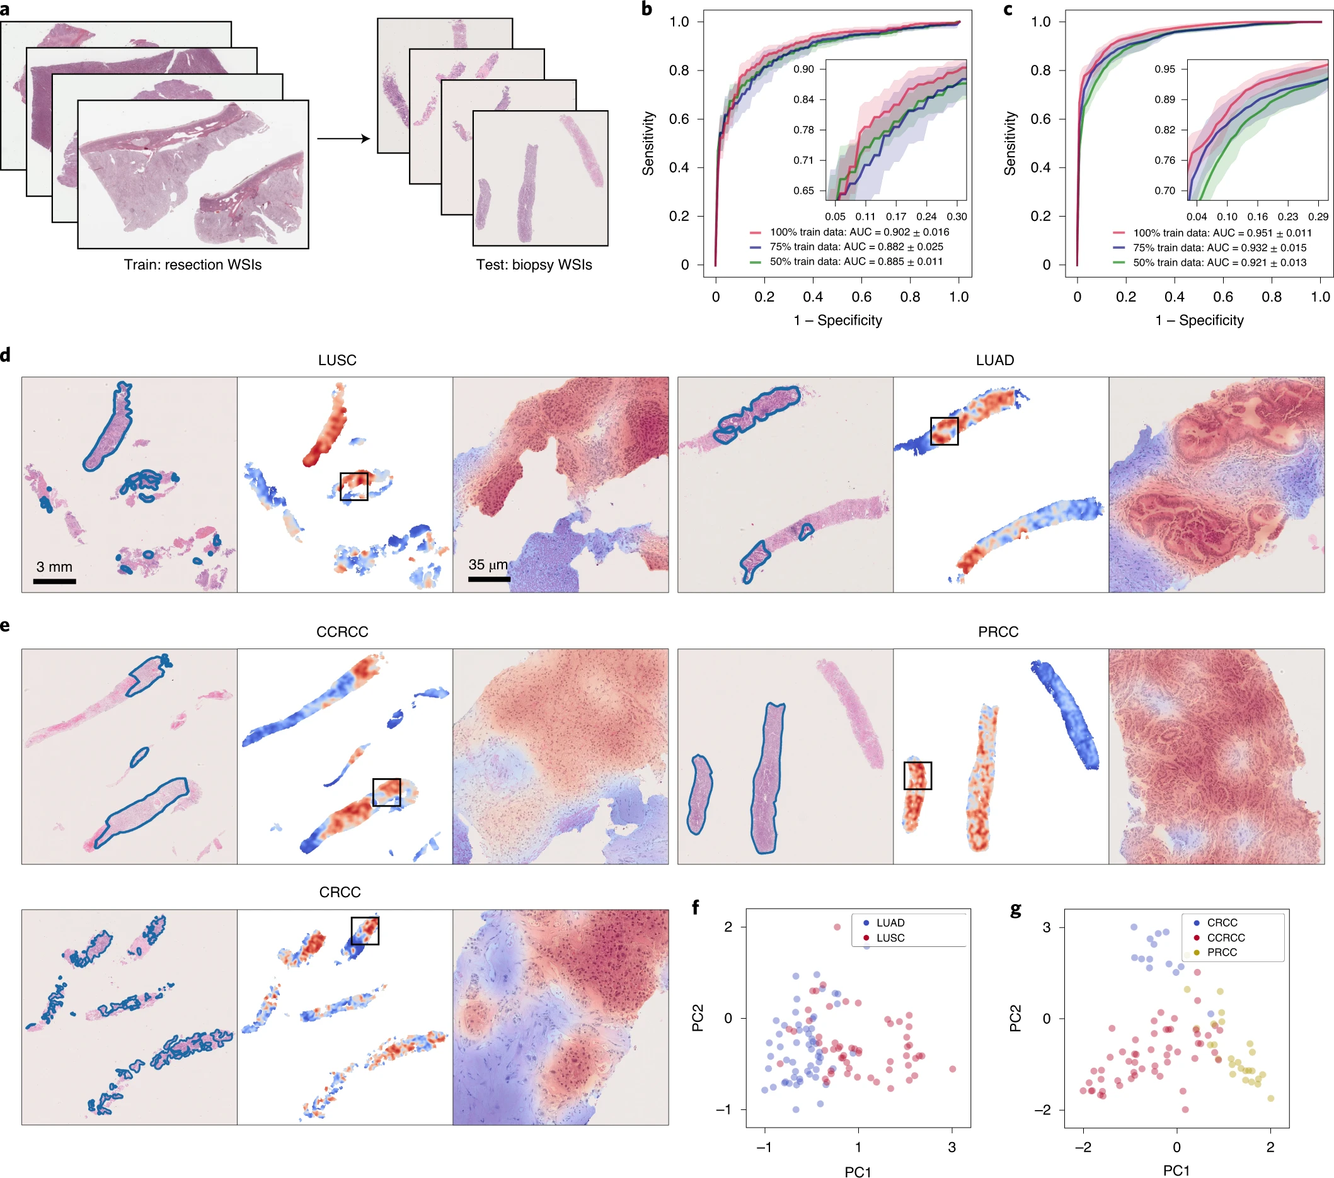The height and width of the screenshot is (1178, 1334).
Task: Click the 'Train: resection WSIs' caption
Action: click(193, 265)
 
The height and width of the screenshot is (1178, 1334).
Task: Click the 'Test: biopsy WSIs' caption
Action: click(534, 265)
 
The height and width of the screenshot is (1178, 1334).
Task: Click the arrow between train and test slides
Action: click(343, 139)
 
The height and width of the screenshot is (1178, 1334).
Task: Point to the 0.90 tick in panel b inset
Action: click(803, 69)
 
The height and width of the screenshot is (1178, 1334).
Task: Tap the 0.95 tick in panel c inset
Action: click(1165, 69)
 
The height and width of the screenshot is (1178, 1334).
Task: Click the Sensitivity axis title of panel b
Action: click(648, 144)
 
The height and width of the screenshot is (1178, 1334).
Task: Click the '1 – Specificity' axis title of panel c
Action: click(1200, 320)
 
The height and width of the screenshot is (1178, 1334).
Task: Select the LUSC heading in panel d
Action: click(337, 360)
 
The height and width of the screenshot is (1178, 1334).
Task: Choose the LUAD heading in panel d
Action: click(994, 360)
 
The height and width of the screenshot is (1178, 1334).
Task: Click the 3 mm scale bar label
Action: click(54, 567)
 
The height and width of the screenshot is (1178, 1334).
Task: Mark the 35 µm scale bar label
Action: click(488, 565)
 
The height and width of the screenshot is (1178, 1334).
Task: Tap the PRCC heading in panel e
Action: click(998, 632)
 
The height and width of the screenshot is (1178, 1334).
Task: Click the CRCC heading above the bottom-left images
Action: click(340, 892)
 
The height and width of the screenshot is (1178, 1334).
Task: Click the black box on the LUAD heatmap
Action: click(944, 431)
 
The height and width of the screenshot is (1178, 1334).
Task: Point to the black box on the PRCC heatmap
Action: click(917, 776)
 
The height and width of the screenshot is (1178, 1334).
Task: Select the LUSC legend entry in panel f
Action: click(890, 938)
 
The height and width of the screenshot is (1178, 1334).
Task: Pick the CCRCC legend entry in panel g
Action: click(1226, 937)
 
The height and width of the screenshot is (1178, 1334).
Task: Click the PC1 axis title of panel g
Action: click(1176, 1170)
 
